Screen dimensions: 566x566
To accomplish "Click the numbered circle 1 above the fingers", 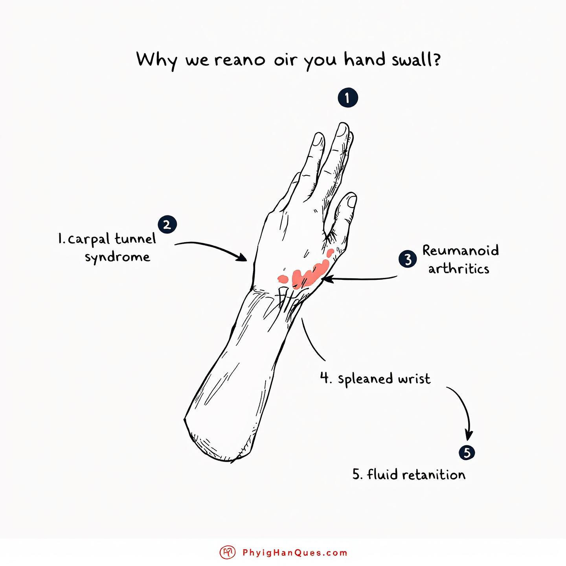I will point(348,98).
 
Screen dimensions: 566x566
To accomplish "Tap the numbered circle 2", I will point(167,225).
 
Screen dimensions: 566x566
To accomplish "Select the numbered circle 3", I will point(408,259).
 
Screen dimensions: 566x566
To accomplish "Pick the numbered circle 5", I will point(467,453).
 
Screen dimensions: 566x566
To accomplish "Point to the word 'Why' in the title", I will point(157,60).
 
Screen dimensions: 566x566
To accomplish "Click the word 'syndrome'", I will point(118,257).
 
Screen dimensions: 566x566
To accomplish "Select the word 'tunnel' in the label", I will point(135,239).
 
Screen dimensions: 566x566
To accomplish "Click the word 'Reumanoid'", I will point(461,250).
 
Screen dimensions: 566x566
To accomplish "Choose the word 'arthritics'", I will point(459,269).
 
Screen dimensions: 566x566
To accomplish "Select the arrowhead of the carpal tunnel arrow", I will point(242,257).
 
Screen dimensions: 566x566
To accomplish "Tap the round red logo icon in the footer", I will point(227,553).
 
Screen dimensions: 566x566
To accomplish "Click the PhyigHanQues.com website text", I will point(295,553).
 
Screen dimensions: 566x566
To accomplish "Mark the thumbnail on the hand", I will point(352,201).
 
